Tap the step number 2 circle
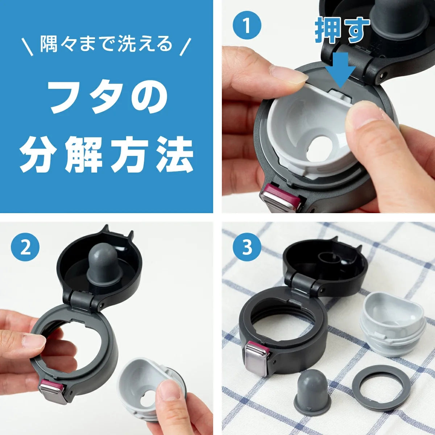pos(25,247)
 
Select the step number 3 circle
pos(247,247)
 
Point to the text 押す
pos(343,30)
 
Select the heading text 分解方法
pos(106,155)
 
